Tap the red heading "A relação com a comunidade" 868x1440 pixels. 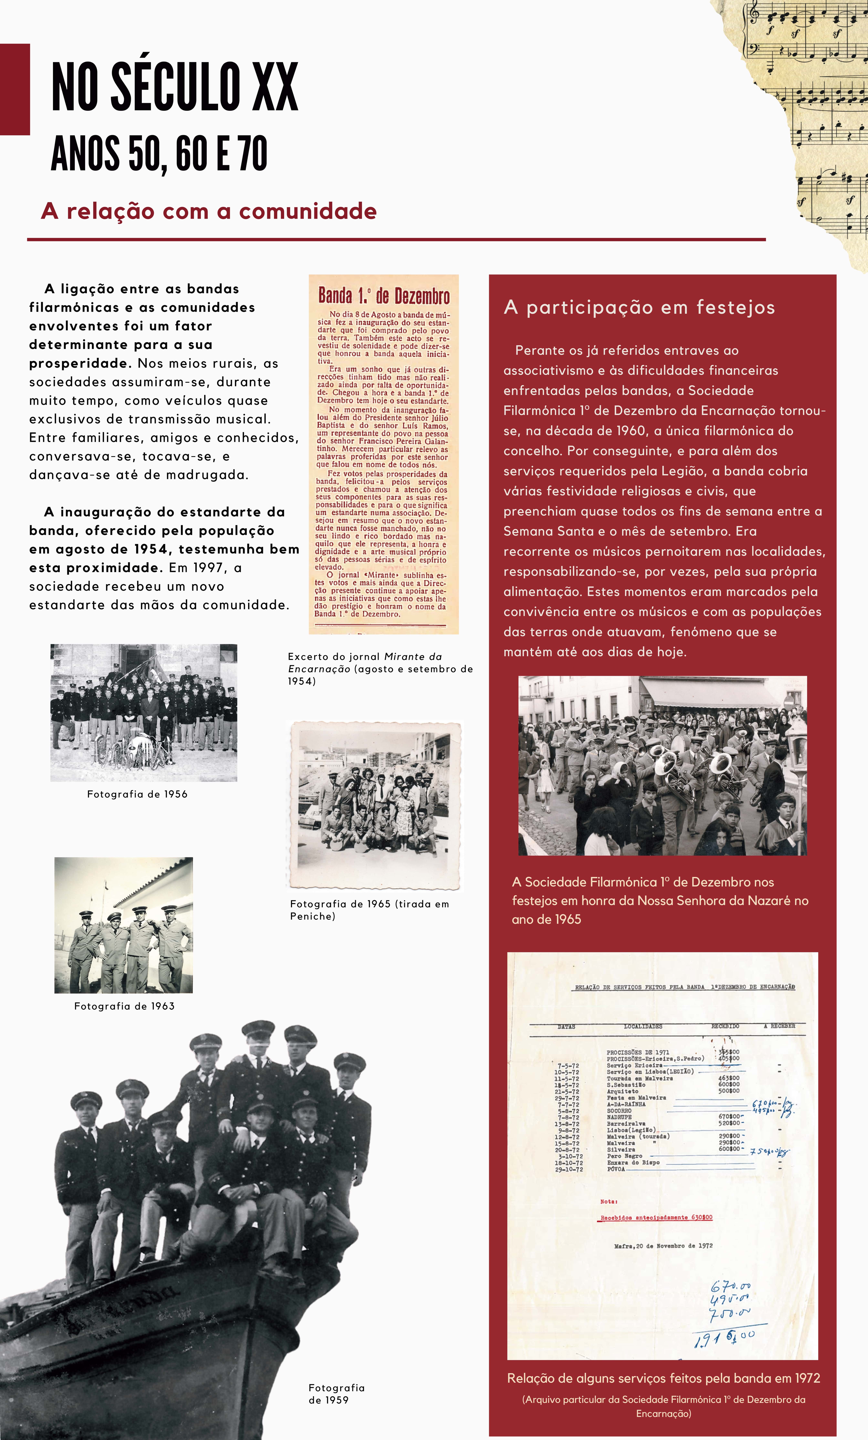point(209,211)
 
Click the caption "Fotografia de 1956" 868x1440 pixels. point(137,794)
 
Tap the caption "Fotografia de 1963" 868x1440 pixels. point(125,1006)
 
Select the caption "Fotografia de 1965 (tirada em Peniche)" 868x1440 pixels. point(369,910)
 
